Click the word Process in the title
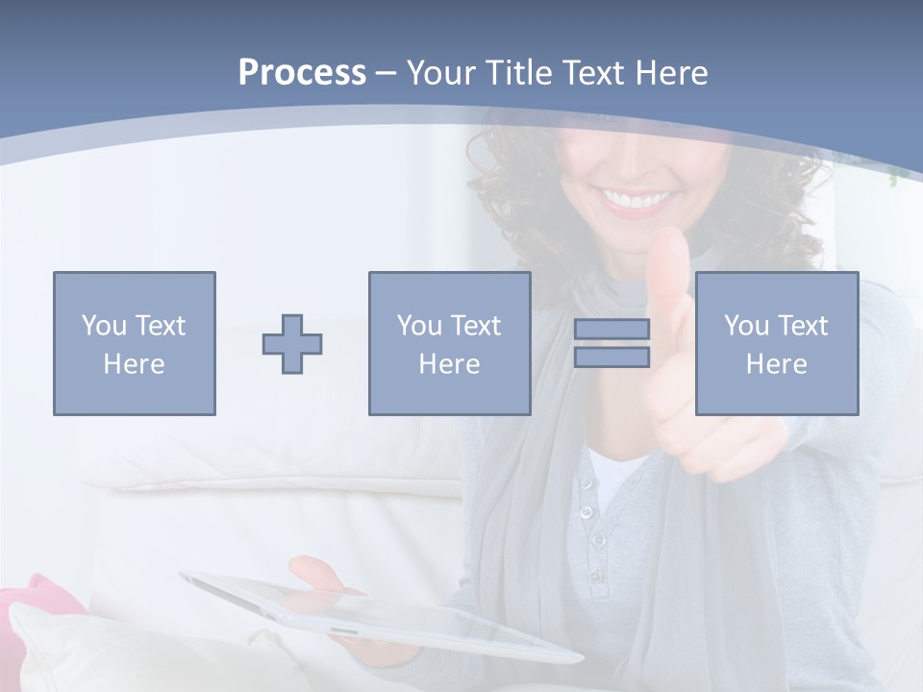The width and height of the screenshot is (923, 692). coord(302,73)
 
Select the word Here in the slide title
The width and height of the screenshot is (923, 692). coord(671,73)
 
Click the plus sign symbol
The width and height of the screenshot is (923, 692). coord(292,344)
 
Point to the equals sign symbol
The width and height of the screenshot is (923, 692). coord(611,343)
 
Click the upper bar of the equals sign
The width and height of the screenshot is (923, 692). coord(611,330)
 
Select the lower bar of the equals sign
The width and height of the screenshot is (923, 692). coord(611,357)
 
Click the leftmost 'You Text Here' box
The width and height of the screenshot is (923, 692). coord(135,343)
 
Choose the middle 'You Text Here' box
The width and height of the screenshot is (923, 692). coord(449,343)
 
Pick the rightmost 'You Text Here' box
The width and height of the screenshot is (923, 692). coord(777,343)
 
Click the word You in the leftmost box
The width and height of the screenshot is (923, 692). coord(103,326)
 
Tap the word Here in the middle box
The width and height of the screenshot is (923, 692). coord(449,364)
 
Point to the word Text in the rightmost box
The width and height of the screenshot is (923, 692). coord(803,326)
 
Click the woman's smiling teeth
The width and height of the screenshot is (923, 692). coord(636,201)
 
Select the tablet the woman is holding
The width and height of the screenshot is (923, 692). coord(385,615)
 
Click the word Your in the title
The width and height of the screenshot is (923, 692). coord(438,73)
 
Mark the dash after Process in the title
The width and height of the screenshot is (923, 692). coord(387,73)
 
